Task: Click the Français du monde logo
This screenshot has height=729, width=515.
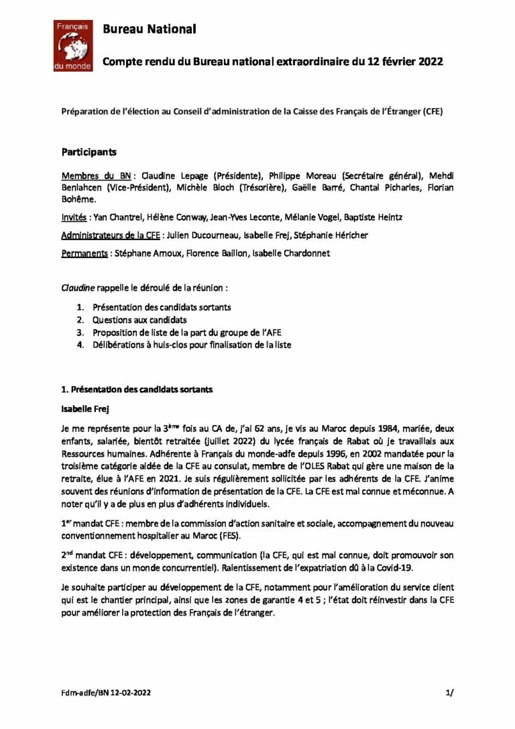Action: coord(73,46)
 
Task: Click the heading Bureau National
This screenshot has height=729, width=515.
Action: coord(150,29)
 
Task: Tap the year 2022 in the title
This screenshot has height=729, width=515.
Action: coord(430,62)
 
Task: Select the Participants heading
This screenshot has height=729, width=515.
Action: coord(89,152)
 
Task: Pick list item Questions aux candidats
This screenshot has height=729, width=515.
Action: coord(139,320)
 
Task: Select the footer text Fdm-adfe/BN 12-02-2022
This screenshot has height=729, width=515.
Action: coord(103,694)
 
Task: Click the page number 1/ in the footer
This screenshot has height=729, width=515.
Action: coord(449,694)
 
